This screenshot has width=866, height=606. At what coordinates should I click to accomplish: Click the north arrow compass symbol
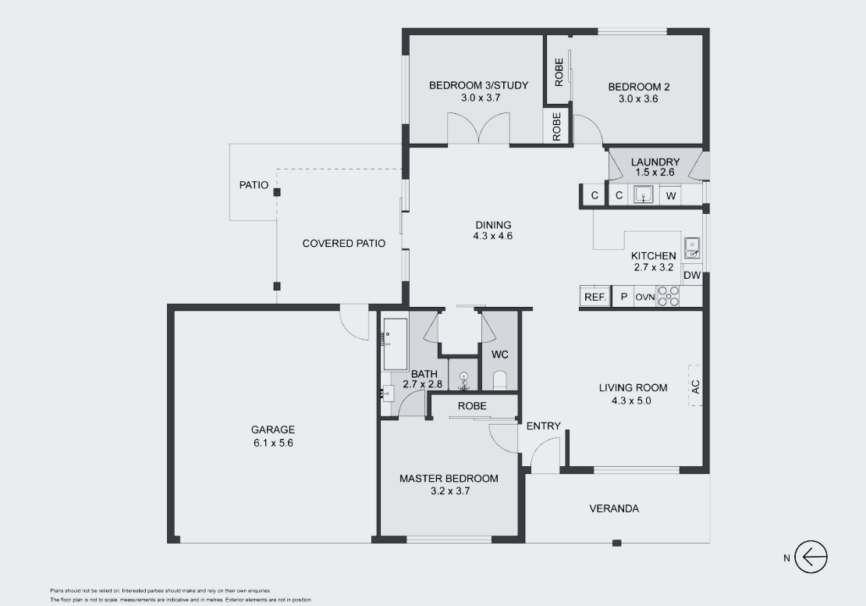811,557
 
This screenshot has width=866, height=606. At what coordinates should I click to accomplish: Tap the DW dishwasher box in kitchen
692,276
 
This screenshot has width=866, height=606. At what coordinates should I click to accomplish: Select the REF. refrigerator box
595,297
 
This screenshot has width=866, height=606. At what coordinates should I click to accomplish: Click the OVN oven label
644,297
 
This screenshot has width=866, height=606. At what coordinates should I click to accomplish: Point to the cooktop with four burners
668,297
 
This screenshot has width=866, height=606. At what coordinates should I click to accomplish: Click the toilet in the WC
499,380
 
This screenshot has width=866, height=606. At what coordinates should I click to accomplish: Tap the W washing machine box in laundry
670,196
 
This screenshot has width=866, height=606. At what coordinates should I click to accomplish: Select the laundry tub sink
644,195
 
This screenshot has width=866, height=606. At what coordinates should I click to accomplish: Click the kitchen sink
692,248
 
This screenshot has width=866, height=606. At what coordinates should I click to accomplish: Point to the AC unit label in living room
695,386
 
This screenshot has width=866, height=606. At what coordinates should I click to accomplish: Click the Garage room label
273,430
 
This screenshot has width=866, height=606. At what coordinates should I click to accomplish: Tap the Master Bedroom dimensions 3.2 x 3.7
450,491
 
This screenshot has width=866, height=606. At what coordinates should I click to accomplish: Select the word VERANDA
614,508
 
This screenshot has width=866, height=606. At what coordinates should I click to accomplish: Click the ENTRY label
544,426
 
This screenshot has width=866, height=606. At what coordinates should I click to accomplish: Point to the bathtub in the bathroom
396,344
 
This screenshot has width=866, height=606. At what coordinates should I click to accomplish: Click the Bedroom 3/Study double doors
478,128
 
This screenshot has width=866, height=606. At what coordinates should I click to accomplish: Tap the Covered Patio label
344,244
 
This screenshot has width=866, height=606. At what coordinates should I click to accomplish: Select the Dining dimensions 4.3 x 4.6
492,236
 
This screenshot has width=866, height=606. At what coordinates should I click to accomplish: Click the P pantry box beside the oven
623,297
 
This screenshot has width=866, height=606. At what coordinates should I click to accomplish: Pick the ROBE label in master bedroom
472,406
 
